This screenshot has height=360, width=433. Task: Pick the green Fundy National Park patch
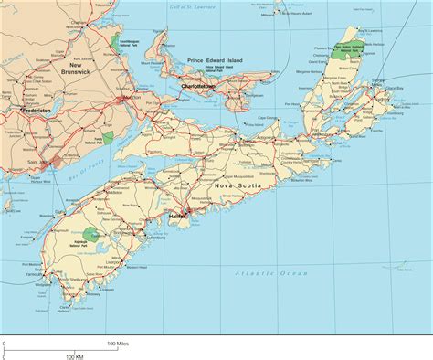coord(109,138)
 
